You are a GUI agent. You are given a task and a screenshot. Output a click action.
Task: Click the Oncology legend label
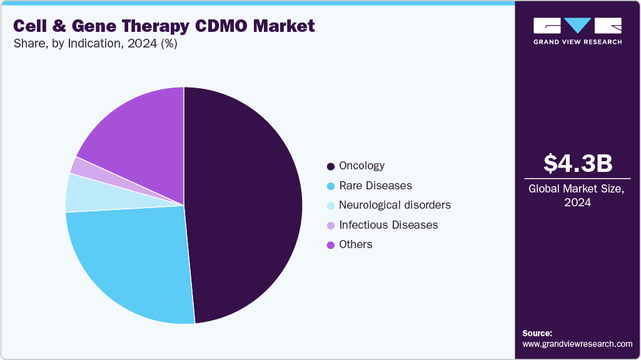361,166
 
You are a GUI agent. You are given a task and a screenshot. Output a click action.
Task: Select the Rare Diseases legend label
375,186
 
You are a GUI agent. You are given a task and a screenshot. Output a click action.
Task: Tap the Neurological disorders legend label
394,205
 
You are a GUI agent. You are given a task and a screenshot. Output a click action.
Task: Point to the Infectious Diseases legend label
388,224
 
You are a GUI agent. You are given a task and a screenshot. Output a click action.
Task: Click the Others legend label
355,244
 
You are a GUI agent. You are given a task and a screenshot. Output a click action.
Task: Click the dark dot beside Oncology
330,166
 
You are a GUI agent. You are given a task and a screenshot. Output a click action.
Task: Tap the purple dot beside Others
330,245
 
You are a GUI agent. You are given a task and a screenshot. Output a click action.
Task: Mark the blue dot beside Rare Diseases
330,186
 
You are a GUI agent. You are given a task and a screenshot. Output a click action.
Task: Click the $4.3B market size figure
577,163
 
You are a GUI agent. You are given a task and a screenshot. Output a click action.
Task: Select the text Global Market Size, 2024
577,195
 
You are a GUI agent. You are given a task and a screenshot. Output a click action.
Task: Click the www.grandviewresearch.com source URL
577,344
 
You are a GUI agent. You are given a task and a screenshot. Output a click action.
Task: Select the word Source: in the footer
537,333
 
